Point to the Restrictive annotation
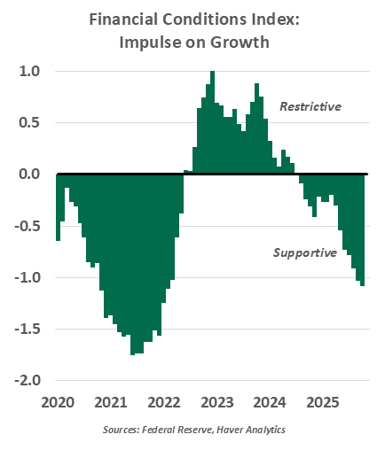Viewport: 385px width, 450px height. coord(310,106)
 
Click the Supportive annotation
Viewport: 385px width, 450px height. coord(304,252)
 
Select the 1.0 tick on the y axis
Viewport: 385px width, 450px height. coord(29,72)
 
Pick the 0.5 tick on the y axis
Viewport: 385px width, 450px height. coord(29,123)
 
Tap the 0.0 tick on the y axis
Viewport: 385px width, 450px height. coord(29,175)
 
